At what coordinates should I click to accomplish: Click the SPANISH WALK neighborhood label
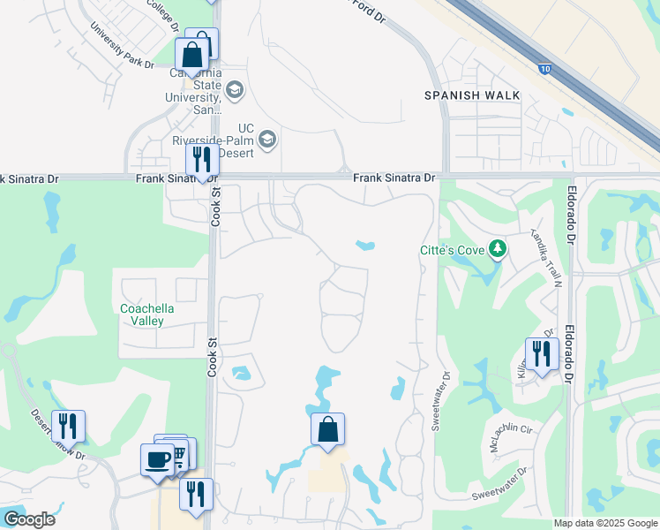(472, 95)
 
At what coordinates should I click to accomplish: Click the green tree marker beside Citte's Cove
(498, 250)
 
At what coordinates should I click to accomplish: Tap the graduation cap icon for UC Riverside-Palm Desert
(266, 139)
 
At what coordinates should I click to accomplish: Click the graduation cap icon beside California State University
(235, 89)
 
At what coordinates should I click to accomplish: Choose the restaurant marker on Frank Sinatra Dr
(203, 160)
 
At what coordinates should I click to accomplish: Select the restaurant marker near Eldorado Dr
(542, 353)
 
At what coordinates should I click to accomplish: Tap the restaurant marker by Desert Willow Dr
(68, 426)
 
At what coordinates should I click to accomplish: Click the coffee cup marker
(157, 459)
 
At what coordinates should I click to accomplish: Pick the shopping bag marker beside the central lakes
(327, 430)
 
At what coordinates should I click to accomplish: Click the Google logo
(29, 519)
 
